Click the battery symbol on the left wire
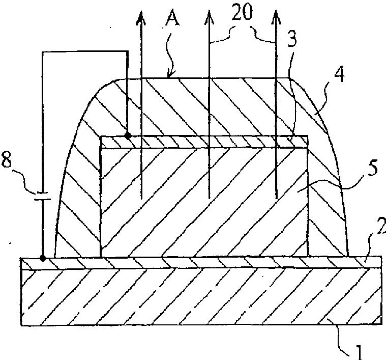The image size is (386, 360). (x=42, y=196)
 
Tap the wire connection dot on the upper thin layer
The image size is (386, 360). (x=127, y=136)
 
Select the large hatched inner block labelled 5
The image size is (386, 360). (x=203, y=204)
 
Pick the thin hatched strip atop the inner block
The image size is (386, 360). (x=203, y=142)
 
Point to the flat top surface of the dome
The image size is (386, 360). (x=203, y=78)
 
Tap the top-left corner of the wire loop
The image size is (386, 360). (x=43, y=52)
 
